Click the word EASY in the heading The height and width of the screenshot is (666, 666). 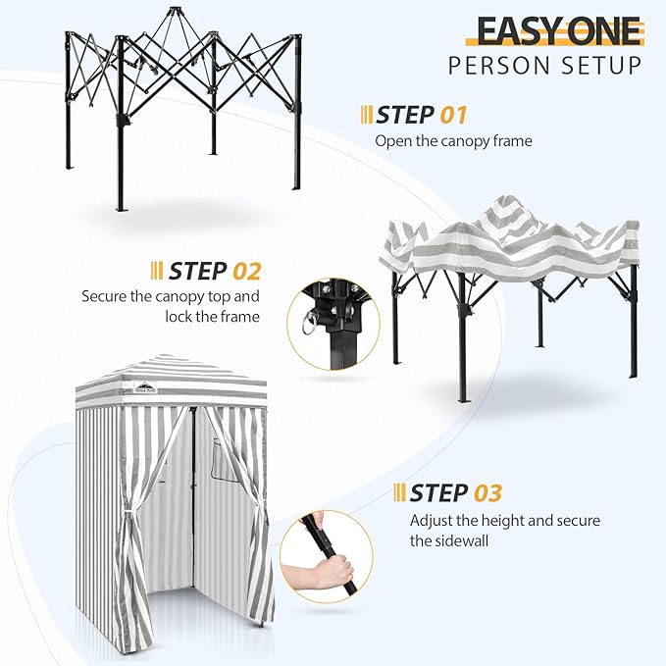click(x=516, y=30)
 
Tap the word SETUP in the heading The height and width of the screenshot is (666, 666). click(x=602, y=67)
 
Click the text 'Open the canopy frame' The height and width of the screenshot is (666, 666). click(x=453, y=140)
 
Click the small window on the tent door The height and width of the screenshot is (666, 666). click(x=223, y=458)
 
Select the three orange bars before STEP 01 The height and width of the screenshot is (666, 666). click(x=365, y=115)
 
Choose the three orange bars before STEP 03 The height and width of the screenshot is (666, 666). click(x=399, y=492)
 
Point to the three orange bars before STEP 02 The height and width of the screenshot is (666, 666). click(x=157, y=270)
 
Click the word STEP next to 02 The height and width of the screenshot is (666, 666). click(x=198, y=270)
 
